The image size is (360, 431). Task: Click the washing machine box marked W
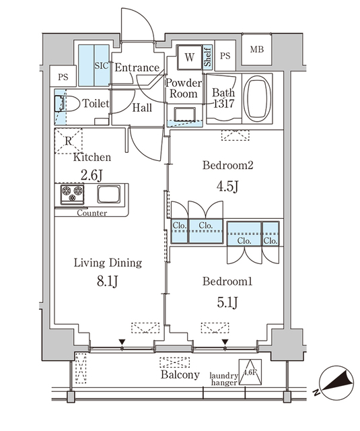point(189,57)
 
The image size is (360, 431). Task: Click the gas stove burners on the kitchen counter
point(71,195)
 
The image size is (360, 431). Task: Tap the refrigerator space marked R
point(69,141)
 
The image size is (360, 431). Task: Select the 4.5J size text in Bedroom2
point(227,186)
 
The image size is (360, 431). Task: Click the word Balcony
point(180,375)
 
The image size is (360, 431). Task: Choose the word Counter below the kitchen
point(92,213)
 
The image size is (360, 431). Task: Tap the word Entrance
point(137,67)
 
